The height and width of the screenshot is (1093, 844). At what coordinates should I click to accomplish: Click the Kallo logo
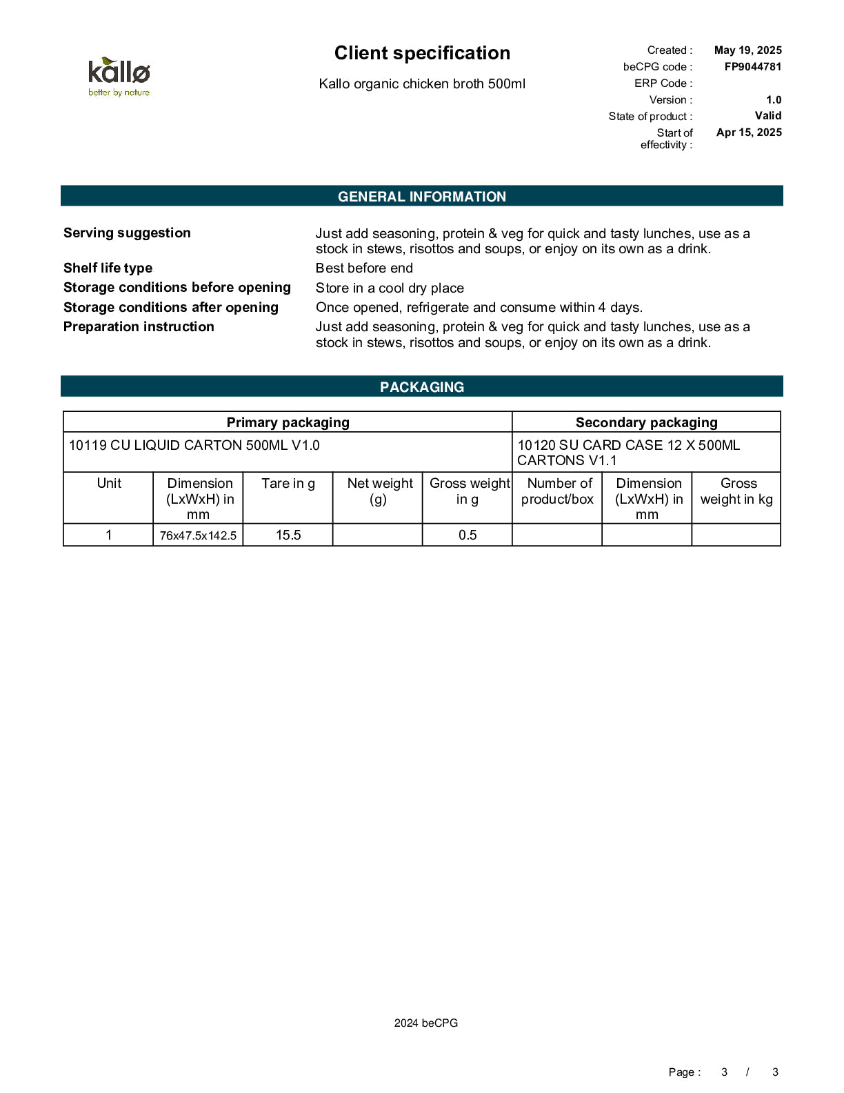(119, 77)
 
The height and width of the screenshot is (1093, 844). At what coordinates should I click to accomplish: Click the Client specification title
(422, 53)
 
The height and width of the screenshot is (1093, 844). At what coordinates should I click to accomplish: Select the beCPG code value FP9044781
(752, 67)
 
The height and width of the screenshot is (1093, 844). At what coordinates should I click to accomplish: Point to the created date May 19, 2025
(747, 50)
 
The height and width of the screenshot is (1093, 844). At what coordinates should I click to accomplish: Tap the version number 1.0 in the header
(774, 100)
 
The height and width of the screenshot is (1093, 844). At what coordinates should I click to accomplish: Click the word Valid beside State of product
(767, 116)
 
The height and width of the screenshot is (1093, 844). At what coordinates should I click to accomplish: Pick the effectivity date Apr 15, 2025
(749, 132)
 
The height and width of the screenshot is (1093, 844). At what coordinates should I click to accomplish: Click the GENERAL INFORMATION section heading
(422, 197)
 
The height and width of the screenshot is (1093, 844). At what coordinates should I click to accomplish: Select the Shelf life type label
(108, 268)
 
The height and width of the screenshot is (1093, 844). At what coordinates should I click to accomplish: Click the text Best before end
(364, 268)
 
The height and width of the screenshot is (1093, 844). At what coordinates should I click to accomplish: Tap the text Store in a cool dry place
(390, 288)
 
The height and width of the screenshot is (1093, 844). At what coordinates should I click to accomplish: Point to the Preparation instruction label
(139, 327)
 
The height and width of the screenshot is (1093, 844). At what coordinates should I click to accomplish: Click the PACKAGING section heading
(422, 387)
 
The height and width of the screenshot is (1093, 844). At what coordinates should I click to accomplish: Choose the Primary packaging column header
(288, 422)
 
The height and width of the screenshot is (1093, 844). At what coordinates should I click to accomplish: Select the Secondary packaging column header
(646, 422)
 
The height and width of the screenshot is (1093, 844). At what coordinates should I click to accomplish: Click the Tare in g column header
(288, 484)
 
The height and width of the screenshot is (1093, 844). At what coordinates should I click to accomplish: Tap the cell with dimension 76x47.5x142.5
(198, 535)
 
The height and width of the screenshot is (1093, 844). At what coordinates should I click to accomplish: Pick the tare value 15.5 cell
(288, 535)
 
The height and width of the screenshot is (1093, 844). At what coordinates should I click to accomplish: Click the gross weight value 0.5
(467, 535)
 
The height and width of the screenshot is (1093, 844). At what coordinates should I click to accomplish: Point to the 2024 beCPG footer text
(425, 1023)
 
